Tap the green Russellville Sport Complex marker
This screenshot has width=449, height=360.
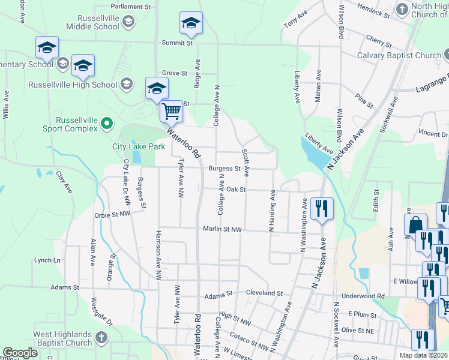(x=107, y=124)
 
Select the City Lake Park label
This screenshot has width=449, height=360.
(x=139, y=146)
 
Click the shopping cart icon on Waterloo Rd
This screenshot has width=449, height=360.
(x=172, y=110)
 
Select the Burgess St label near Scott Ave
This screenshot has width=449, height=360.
(x=224, y=169)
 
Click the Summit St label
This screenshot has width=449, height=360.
(x=177, y=43)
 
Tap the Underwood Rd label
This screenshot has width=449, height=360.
(x=363, y=296)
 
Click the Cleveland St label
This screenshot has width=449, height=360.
(x=264, y=293)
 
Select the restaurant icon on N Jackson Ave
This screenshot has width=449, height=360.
(x=322, y=208)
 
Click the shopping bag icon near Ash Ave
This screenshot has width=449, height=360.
(x=415, y=226)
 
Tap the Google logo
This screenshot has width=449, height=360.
(x=20, y=353)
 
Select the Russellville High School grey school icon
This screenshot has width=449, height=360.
(x=126, y=84)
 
